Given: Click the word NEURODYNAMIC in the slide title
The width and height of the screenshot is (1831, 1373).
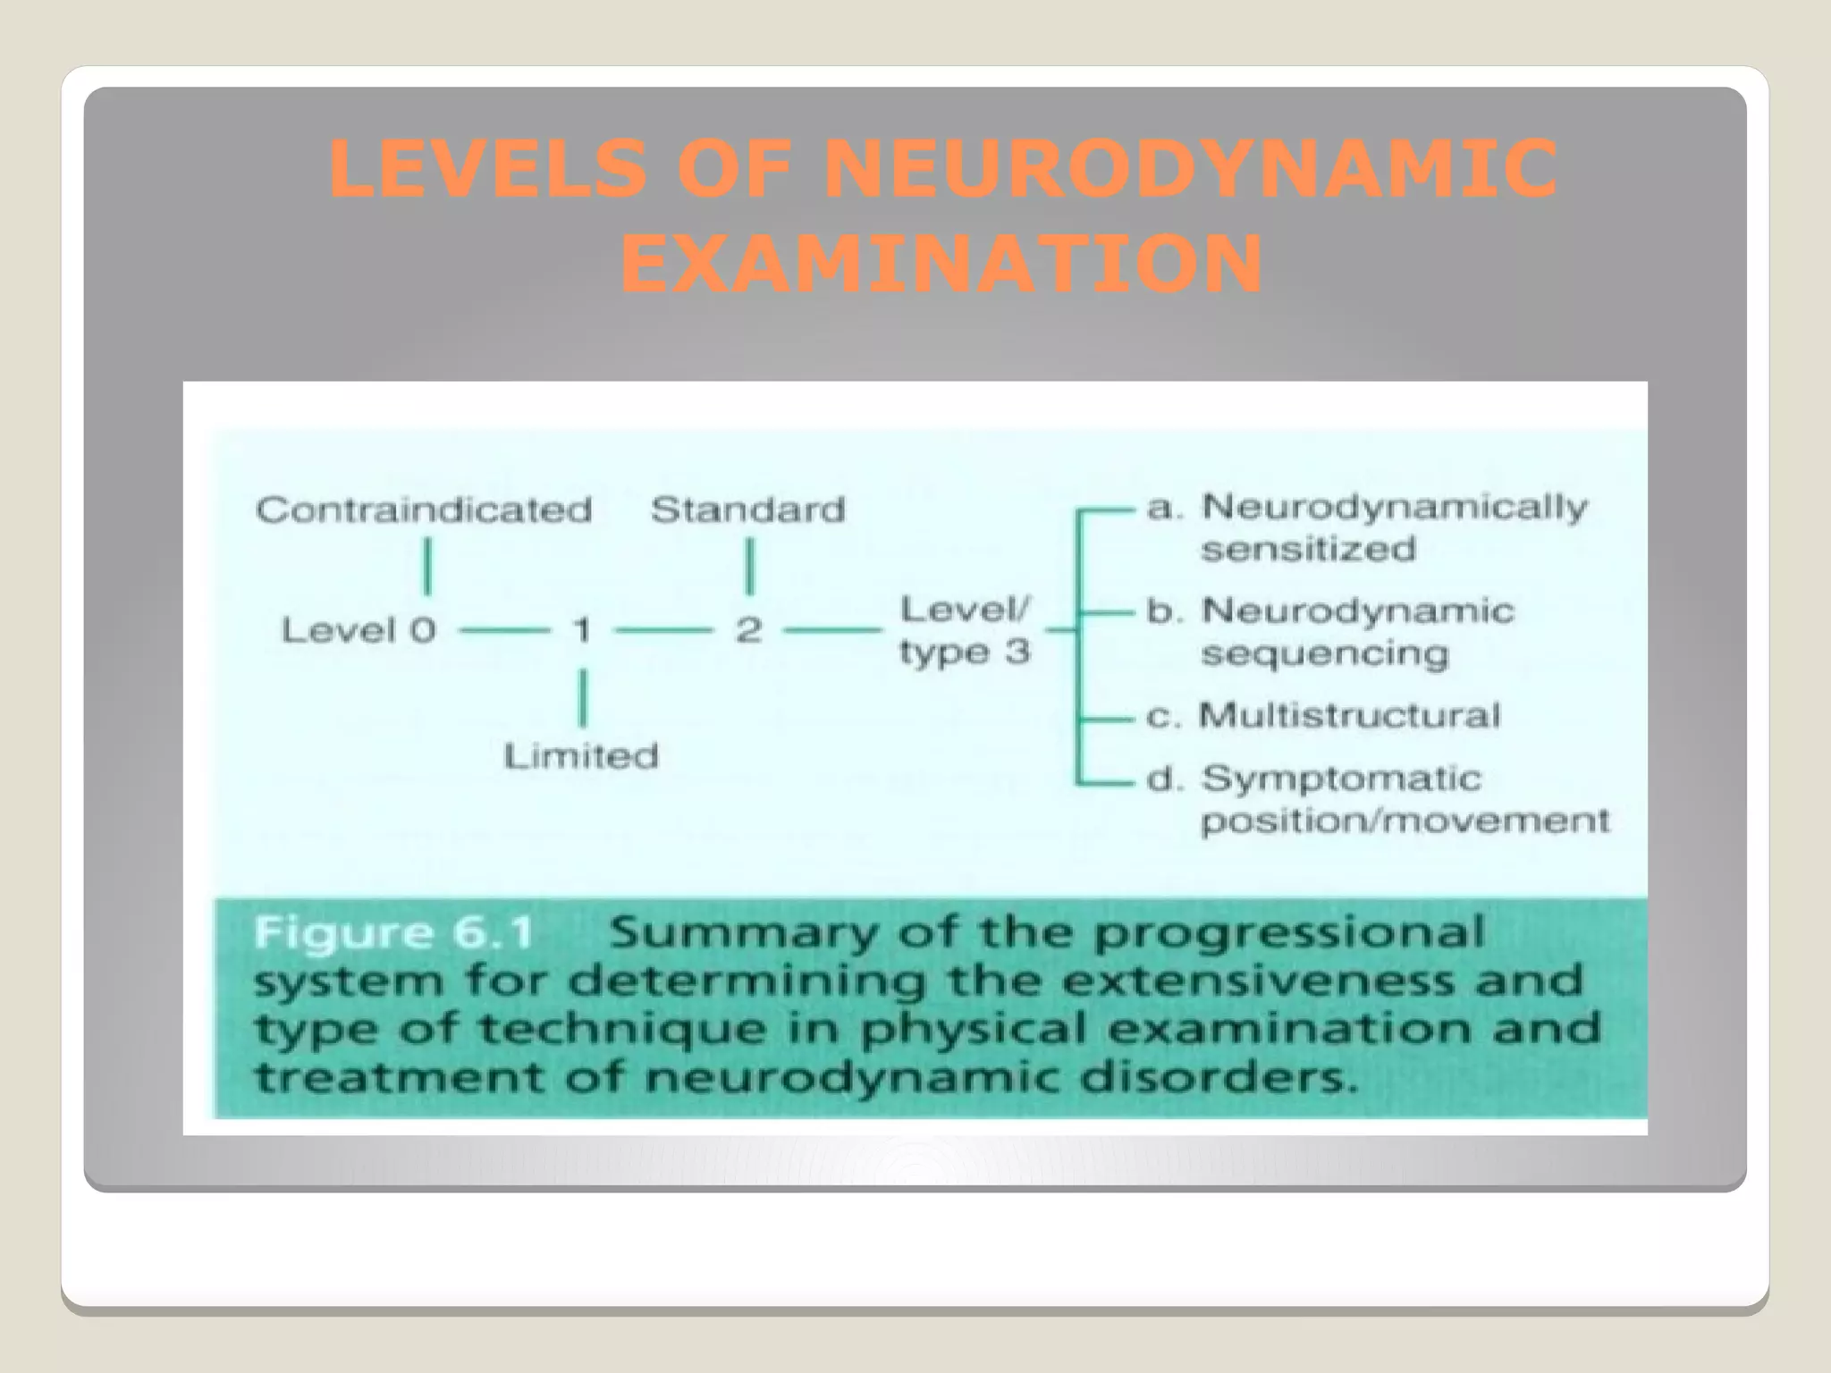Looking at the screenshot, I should tap(1190, 170).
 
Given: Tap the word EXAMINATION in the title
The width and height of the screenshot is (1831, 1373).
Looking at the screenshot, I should tap(941, 265).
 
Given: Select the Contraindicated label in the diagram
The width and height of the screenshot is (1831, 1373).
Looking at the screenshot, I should tap(424, 510).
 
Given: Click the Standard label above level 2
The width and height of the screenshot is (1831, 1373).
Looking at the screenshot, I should tap(748, 510).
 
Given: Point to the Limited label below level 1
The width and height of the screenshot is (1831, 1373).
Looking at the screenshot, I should tap(581, 756).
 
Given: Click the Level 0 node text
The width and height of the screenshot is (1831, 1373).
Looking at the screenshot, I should tap(359, 630).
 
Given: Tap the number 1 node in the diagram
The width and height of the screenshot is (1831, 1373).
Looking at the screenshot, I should tap(582, 630).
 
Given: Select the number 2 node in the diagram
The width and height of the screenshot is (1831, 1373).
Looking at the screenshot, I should tap(749, 630).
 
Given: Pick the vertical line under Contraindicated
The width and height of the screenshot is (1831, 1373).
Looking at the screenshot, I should tap(427, 566).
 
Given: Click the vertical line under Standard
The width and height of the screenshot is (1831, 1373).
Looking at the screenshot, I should tap(750, 566).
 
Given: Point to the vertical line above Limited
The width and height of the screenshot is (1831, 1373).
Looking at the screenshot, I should tap(583, 698).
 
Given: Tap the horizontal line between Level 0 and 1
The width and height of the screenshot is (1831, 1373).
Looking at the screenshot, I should tap(504, 631).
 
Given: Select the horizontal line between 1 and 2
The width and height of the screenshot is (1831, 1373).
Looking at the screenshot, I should tap(665, 631).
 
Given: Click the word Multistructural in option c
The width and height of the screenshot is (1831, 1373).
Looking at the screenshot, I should tap(1349, 715).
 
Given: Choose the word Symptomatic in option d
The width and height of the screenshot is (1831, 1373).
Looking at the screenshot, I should tap(1341, 779).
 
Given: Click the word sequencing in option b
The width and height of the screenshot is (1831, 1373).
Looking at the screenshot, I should tap(1324, 654).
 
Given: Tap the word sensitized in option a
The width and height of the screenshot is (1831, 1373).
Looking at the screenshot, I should tap(1308, 549).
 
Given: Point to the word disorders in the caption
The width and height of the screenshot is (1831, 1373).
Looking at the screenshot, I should tap(1218, 1077).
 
